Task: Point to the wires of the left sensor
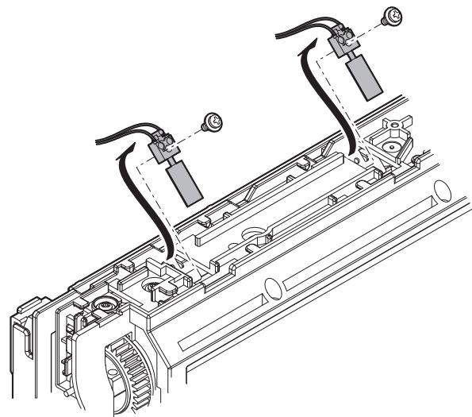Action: pyautogui.click(x=119, y=137)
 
